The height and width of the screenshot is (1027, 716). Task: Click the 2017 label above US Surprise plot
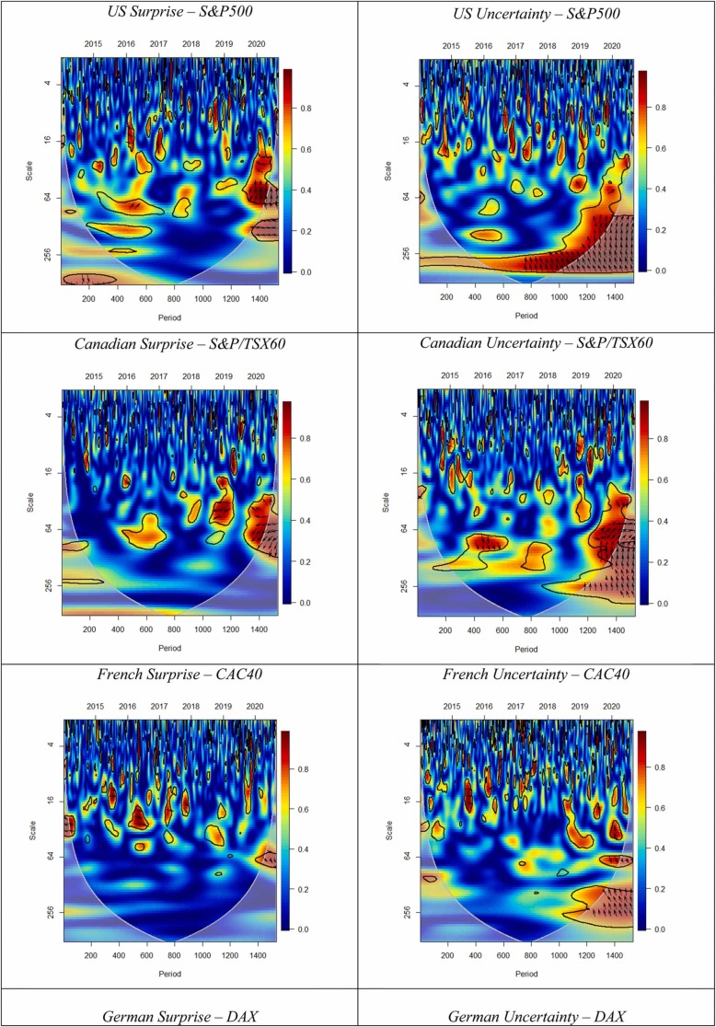coord(158,43)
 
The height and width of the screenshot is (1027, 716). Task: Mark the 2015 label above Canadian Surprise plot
coord(94,376)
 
